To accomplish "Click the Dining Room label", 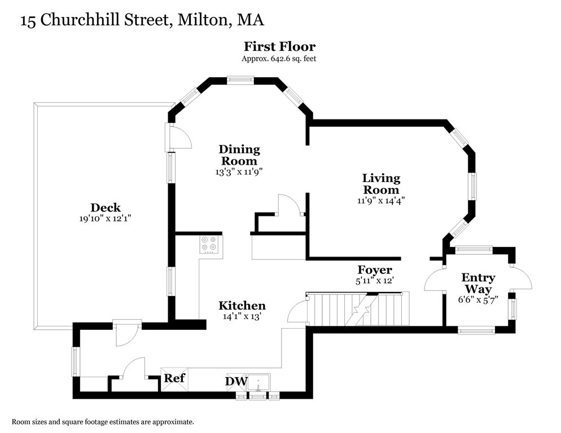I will tap(239, 155).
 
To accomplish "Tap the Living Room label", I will tap(381, 184).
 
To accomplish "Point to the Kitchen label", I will tap(242, 306).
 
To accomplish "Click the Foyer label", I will tap(375, 270).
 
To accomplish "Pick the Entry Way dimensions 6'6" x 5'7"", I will tap(478, 300).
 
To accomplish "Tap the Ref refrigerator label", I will tap(174, 378).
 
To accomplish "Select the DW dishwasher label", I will tap(236, 382).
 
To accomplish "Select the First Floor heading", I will tap(279, 46).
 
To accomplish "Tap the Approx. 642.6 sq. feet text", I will tap(279, 58).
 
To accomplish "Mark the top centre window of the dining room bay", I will tap(241, 80).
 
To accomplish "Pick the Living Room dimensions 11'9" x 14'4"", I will tap(381, 200).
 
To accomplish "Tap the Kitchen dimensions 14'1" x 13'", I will tap(242, 317).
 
